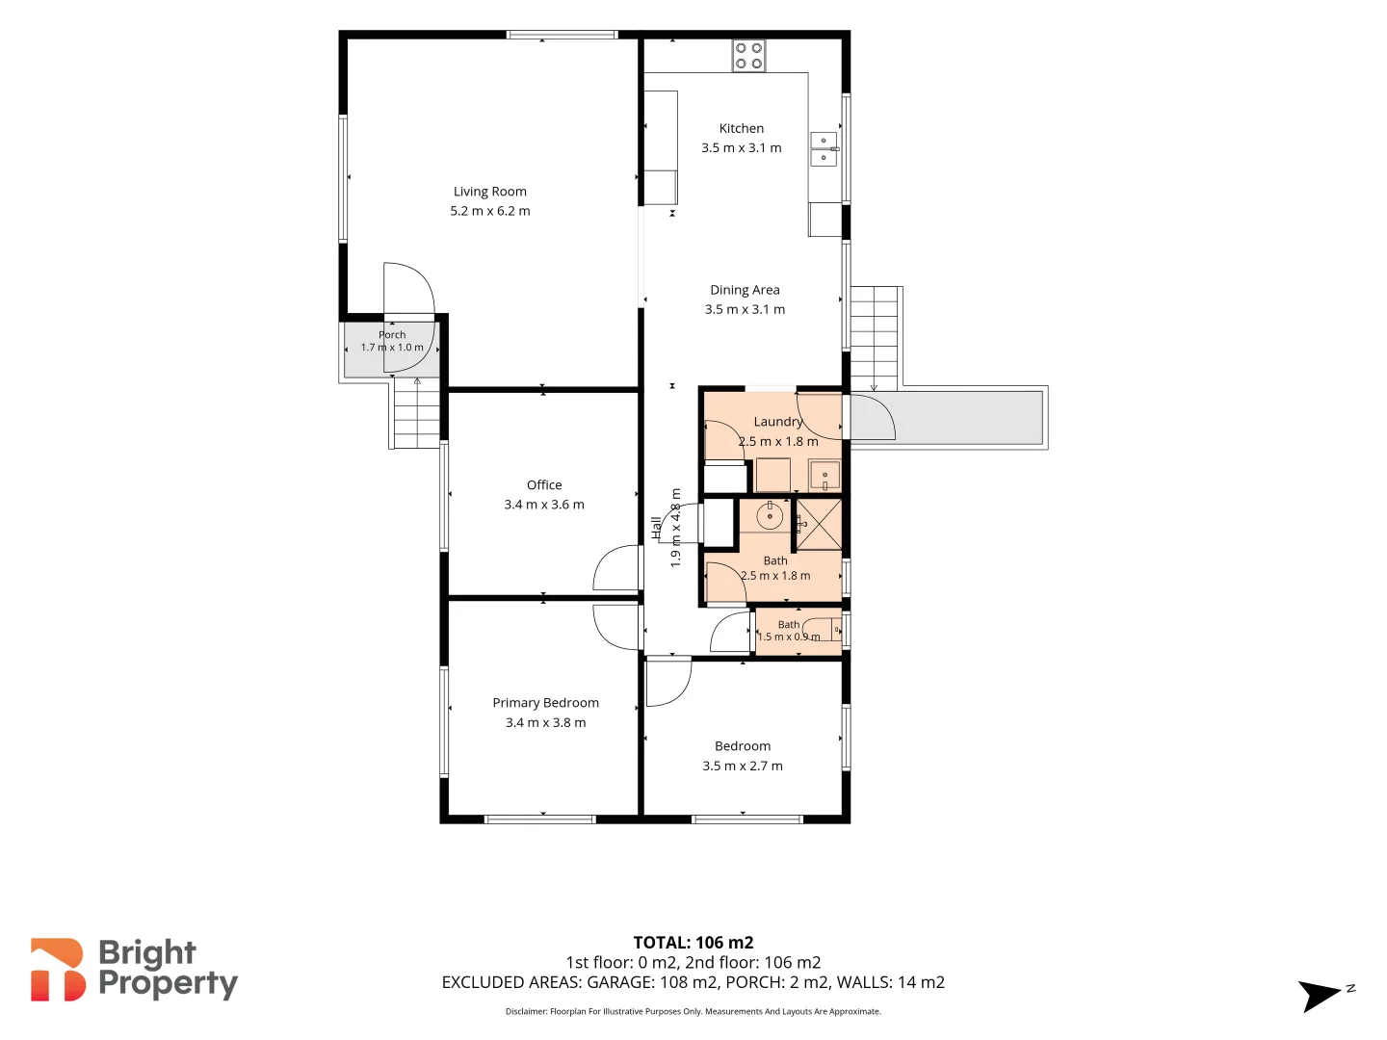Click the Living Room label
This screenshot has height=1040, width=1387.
[x=489, y=192]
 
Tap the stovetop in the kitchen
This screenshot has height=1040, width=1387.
[x=748, y=56]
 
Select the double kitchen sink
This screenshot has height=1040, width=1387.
[x=824, y=149]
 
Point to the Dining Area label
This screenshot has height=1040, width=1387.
[x=745, y=290]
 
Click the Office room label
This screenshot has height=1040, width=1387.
[x=544, y=485]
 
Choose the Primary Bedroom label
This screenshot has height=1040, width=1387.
[x=546, y=703]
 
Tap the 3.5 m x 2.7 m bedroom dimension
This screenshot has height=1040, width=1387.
[x=743, y=766]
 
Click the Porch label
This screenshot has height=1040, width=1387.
[x=392, y=335]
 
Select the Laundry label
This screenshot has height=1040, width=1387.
[x=778, y=422]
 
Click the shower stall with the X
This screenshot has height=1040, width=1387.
[x=819, y=524]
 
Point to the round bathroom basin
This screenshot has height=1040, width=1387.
[x=770, y=516]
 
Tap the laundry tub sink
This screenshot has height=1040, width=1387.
[x=824, y=476]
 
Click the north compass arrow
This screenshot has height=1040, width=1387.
[x=1320, y=995]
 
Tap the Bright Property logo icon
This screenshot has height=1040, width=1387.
[x=57, y=970]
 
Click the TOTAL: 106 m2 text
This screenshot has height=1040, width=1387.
[x=693, y=943]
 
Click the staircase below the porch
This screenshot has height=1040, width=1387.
[x=414, y=413]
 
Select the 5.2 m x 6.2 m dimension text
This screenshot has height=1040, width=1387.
[x=489, y=211]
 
